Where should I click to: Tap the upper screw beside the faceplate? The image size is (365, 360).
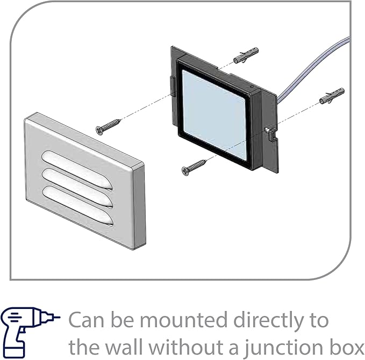[109, 127]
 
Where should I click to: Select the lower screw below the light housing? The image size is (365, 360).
[195, 167]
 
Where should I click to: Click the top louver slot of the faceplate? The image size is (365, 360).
[77, 170]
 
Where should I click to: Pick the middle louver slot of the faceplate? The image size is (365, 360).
[77, 188]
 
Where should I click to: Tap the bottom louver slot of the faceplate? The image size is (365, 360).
[78, 206]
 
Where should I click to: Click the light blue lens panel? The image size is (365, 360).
[214, 114]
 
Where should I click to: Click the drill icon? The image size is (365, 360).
[30, 332]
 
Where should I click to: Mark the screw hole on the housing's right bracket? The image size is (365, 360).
[267, 129]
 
